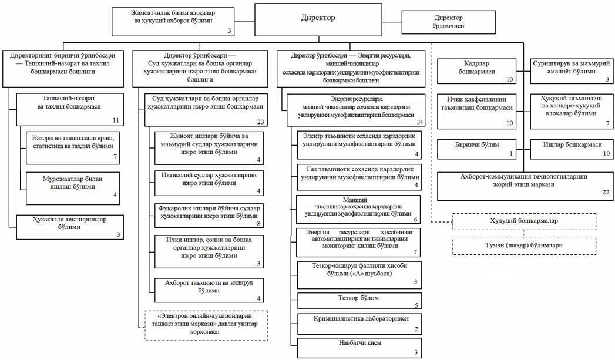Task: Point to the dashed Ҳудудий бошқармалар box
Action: coord(524,221)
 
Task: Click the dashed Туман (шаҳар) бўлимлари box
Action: coord(524,245)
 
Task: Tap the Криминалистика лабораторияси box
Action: coord(359,322)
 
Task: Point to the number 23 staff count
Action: coord(261,122)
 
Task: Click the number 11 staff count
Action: coord(116,120)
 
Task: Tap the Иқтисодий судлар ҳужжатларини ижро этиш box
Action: coord(209,183)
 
